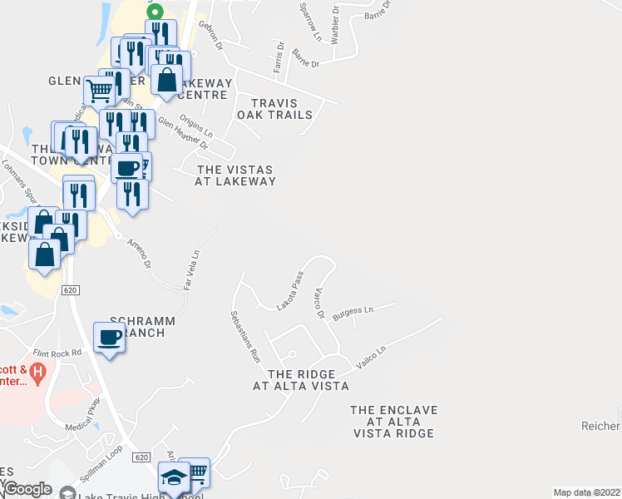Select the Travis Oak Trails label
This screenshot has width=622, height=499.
click(274, 109)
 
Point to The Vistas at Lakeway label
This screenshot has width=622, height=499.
click(235, 175)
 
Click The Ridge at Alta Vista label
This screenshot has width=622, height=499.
click(300, 380)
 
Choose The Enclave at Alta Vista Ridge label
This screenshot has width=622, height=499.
click(393, 422)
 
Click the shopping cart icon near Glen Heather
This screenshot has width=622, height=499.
click(99, 91)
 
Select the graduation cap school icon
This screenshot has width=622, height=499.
click(174, 479)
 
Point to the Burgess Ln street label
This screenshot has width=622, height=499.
click(353, 313)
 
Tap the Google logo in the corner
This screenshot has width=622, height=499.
click(27, 490)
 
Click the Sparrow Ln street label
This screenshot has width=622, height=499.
click(313, 22)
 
